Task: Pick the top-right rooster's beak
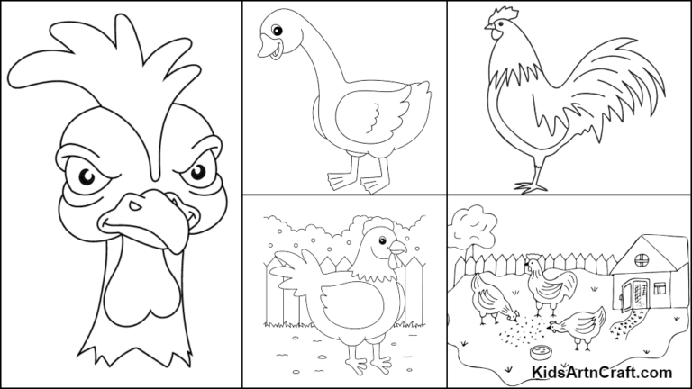click(488, 30)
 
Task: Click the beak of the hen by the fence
click(399, 248)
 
